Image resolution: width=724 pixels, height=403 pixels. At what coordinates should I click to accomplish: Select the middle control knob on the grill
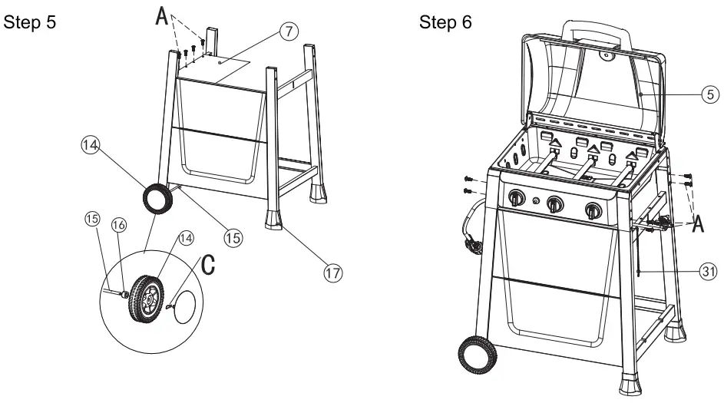coord(554,205)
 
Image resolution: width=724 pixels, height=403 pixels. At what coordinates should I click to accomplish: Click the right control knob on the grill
coord(592,210)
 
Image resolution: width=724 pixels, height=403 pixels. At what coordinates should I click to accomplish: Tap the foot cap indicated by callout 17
coord(275,220)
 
